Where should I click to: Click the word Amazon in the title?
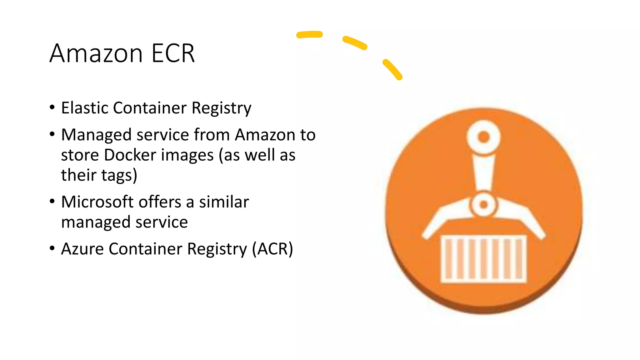(x=96, y=53)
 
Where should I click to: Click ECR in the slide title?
(x=173, y=53)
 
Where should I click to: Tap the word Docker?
(x=130, y=155)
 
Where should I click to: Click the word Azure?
(x=82, y=249)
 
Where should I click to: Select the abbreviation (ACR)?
(x=272, y=249)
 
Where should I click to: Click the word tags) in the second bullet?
(x=118, y=175)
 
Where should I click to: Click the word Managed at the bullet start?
(x=96, y=135)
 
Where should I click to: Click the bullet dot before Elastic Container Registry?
(x=52, y=107)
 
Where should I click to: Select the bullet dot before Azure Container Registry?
(x=52, y=248)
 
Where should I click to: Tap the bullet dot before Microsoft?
(x=52, y=201)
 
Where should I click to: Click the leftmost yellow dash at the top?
(x=309, y=34)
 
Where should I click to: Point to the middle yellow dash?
(x=355, y=43)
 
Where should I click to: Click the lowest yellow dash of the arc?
(x=392, y=69)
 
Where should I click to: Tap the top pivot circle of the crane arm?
(x=483, y=137)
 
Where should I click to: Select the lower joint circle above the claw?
(x=483, y=205)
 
